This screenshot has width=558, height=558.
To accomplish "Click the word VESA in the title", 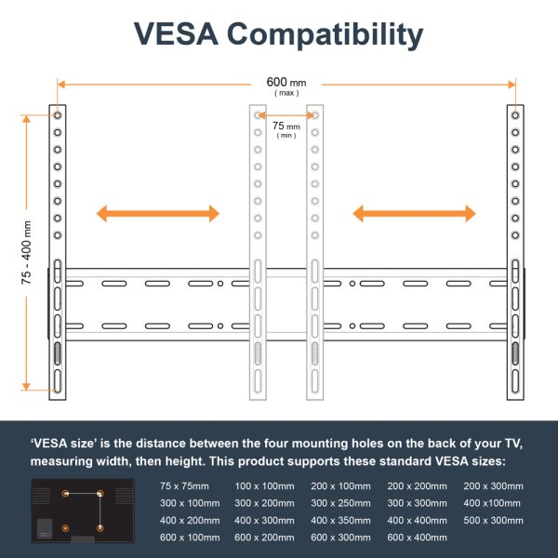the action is (x=176, y=33).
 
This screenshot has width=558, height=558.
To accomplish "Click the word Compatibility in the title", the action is (x=325, y=35).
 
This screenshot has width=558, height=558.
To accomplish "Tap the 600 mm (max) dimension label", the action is (x=286, y=86).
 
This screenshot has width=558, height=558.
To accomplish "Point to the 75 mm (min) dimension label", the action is (x=286, y=130).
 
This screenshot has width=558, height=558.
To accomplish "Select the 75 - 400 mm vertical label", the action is (x=26, y=253).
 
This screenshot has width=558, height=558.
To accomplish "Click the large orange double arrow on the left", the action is (x=158, y=214).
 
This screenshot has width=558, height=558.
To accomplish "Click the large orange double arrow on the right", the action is (x=414, y=214).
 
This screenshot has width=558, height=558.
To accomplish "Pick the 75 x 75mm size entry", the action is (x=184, y=486).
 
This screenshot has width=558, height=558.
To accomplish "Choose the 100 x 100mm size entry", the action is (x=264, y=486).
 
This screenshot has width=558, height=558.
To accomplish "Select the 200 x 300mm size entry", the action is (x=493, y=486).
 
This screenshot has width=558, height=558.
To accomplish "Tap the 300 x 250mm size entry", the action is (x=340, y=503).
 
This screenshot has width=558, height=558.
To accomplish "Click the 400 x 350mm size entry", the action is (x=340, y=520).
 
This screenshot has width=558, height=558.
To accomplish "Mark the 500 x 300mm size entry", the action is (x=493, y=520).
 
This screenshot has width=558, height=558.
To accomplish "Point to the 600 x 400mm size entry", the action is (x=417, y=538).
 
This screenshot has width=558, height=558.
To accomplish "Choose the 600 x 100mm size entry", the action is (x=190, y=538).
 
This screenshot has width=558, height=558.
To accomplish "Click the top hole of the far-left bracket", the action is (x=58, y=115).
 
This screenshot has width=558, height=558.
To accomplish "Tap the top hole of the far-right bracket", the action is (x=515, y=115).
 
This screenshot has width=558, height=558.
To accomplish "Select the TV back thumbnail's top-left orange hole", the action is (x=65, y=494).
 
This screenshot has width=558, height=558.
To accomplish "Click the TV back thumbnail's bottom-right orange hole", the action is (x=100, y=528).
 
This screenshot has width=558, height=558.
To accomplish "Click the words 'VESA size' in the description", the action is (x=64, y=444).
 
